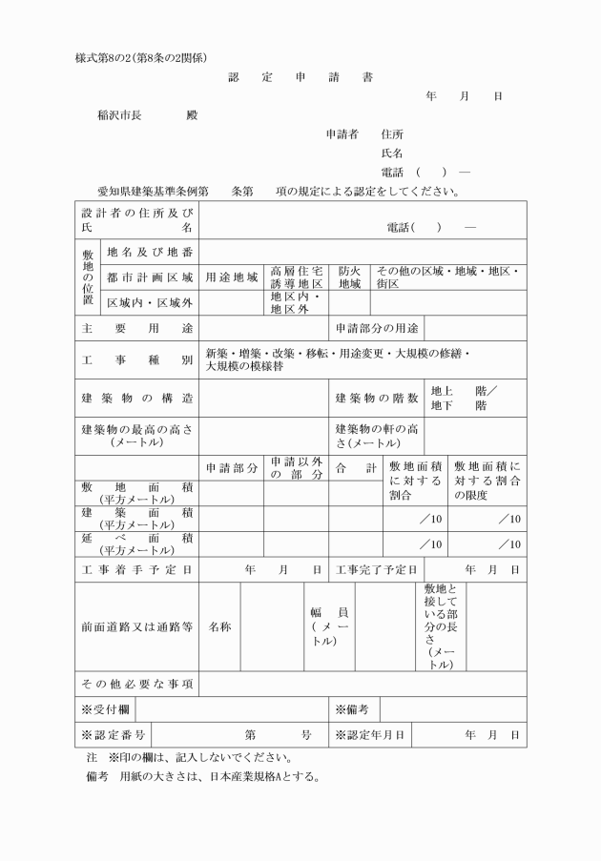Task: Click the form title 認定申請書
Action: tap(300, 77)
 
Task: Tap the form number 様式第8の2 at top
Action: tap(141, 58)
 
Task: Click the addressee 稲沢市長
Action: tap(119, 115)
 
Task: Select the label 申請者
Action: tap(342, 134)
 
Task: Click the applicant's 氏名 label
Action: tap(391, 153)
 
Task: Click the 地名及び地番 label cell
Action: tap(150, 252)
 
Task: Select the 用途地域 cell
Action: tap(232, 277)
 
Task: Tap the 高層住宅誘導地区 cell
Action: tap(297, 277)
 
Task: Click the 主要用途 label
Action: tap(136, 329)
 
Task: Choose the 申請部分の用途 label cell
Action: tap(377, 329)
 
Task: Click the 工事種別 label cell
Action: tap(136, 360)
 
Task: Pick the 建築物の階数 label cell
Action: tap(377, 398)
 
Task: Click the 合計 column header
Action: tap(356, 468)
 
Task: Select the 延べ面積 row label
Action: tap(136, 544)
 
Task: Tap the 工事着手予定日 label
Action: tap(136, 570)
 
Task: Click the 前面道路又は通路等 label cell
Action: tap(136, 627)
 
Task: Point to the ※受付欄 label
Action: tap(105, 710)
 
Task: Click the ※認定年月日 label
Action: tap(370, 735)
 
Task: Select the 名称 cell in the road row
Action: tap(219, 627)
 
